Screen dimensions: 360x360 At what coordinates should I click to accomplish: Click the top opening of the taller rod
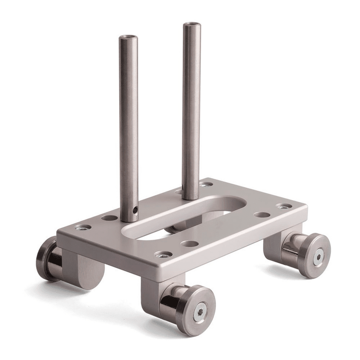(192, 25)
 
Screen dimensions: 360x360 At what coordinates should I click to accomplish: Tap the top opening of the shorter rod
(129, 37)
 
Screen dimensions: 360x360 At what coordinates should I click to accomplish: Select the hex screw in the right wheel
(318, 257)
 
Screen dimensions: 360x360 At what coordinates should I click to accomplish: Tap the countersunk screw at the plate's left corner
(83, 227)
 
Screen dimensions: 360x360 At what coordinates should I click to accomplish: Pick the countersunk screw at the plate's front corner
(163, 255)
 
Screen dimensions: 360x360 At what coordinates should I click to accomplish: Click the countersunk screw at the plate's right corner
(284, 206)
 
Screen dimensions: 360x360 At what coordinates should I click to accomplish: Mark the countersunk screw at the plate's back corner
(206, 184)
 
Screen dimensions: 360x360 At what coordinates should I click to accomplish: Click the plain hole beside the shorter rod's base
(109, 217)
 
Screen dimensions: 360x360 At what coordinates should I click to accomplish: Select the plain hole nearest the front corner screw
(190, 244)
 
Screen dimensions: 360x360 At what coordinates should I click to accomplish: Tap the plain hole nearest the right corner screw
(262, 215)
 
